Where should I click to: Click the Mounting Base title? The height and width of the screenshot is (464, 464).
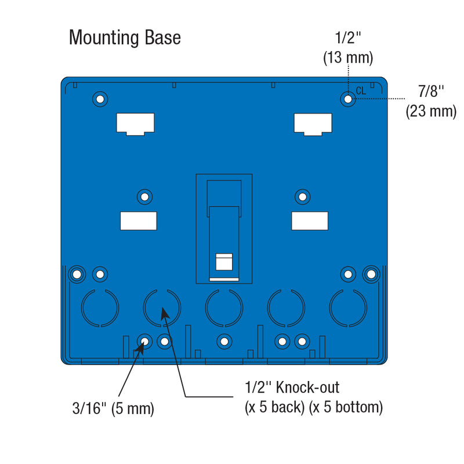[x=125, y=38]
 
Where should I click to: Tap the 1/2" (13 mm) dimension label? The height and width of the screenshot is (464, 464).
[x=347, y=48]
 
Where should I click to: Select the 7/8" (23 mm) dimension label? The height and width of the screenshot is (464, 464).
[x=431, y=101]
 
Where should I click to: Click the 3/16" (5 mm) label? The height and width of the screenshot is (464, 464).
[x=113, y=408]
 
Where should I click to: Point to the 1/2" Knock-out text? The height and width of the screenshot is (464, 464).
[x=292, y=387]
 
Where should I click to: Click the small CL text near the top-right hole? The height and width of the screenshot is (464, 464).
[x=361, y=90]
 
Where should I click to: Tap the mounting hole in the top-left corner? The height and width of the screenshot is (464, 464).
[x=100, y=99]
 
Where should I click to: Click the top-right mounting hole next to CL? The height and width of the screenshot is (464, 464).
[x=347, y=99]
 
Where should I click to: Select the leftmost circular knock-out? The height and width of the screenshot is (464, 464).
[x=100, y=307]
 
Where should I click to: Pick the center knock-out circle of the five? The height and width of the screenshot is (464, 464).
[x=224, y=307]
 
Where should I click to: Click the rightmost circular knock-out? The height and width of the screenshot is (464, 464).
[x=348, y=307]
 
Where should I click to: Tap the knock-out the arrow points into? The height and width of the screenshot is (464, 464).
[x=162, y=307]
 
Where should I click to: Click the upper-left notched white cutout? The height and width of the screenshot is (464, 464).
[x=135, y=124]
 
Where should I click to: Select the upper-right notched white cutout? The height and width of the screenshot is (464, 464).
[x=313, y=124]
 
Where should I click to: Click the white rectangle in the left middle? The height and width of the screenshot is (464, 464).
[x=138, y=220]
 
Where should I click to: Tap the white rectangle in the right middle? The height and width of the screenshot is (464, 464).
[x=309, y=220]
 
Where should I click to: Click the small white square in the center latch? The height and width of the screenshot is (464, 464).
[x=224, y=262]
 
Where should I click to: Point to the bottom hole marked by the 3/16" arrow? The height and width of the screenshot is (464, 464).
[x=144, y=342]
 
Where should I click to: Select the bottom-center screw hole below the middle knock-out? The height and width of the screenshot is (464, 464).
[x=223, y=342]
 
